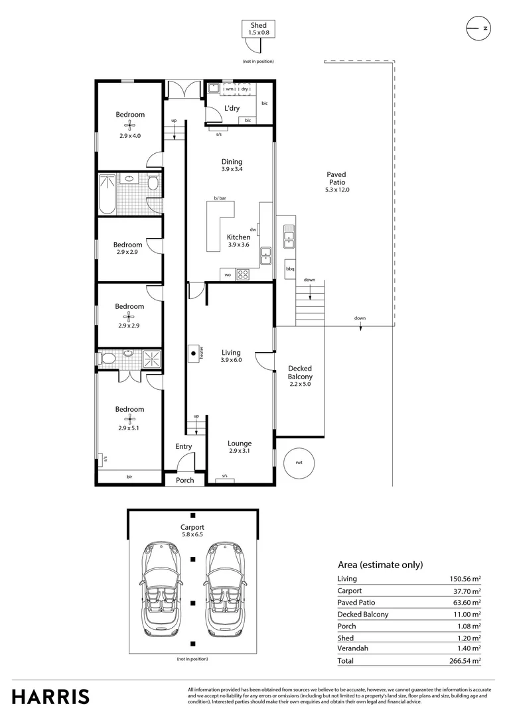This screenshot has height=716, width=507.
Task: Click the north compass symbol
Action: coord(478,28)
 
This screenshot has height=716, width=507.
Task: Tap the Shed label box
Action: coord(258,29)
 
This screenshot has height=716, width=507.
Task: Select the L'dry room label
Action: coord(232,108)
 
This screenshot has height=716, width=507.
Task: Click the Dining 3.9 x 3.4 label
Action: coord(232,165)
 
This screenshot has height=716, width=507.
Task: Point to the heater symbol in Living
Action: coord(195,353)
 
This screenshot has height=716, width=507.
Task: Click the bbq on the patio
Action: coord(290,268)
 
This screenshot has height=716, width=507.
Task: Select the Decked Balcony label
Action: coord(300,376)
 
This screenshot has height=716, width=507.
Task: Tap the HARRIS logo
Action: coord(50,696)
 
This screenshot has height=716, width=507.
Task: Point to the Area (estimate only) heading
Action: coord(380,565)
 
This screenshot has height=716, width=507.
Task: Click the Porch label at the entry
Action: coord(185,480)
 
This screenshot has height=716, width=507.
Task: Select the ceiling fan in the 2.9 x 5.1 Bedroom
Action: coord(130,418)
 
